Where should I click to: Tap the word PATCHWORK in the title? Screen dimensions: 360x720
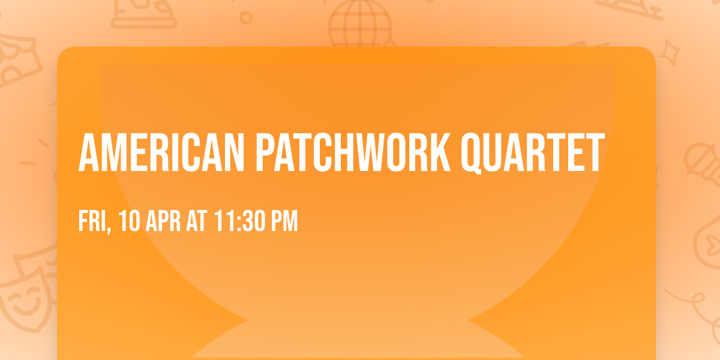pyautogui.click(x=353, y=154)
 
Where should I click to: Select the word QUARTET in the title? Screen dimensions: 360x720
pyautogui.click(x=532, y=154)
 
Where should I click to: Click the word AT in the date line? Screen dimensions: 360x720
pyautogui.click(x=197, y=221)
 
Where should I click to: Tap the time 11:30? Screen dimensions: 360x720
pyautogui.click(x=239, y=221)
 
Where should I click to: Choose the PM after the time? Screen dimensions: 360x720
pyautogui.click(x=284, y=221)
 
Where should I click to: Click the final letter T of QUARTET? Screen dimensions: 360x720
pyautogui.click(x=593, y=154)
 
